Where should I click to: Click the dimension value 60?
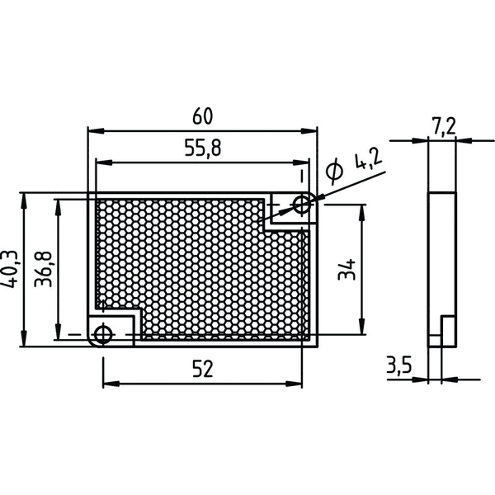203,115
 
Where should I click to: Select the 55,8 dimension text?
203,148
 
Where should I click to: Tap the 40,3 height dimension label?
9,269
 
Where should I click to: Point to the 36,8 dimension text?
43,269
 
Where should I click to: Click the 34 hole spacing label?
346,269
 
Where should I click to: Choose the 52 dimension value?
203,369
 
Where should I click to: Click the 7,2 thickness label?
444,126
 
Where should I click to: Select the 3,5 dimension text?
399,365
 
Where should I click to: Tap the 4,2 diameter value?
369,159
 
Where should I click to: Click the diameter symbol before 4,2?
334,171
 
